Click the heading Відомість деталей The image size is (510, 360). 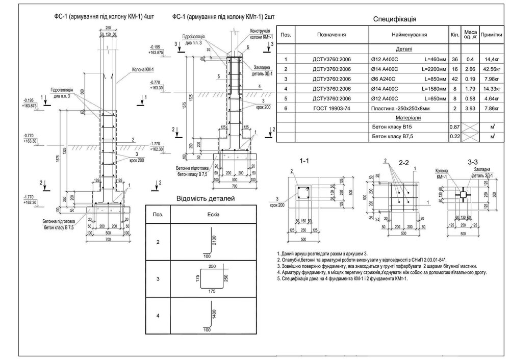(x=206, y=198)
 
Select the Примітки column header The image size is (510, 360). (x=491, y=35)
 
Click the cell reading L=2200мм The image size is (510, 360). (x=435, y=69)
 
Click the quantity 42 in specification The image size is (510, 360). (x=454, y=79)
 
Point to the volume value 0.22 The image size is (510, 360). (x=454, y=136)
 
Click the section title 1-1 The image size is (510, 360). (x=305, y=161)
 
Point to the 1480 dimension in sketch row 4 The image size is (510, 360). (x=214, y=314)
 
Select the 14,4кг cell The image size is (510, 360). (x=491, y=59)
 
